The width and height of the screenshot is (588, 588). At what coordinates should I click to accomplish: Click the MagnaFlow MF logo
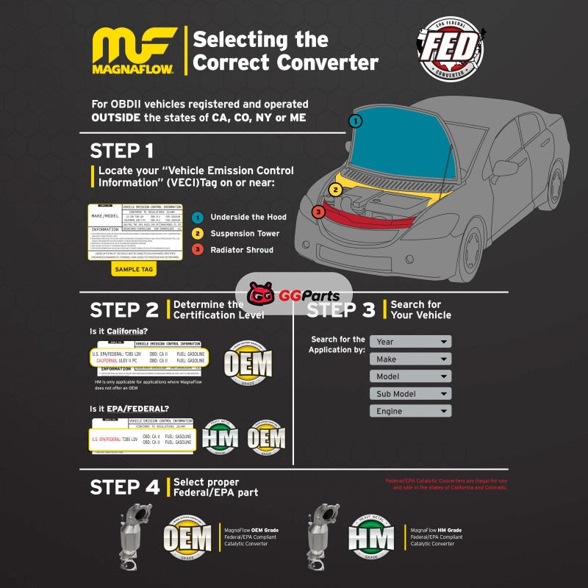[x=133, y=51]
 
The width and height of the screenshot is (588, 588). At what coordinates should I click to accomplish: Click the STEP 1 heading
[x=122, y=151]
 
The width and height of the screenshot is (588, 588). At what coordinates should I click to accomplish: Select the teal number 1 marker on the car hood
[x=356, y=121]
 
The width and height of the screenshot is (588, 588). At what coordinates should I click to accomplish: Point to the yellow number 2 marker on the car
[x=335, y=190]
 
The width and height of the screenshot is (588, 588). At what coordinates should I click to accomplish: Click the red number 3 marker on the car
[x=318, y=212]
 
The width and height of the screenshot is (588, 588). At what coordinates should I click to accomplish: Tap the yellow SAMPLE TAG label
[x=133, y=269]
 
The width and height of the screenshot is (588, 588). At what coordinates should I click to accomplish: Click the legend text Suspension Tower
[x=245, y=233]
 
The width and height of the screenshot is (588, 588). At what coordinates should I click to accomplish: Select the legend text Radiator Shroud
[x=241, y=249]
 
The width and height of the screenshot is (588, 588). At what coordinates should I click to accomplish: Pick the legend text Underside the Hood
[x=248, y=217]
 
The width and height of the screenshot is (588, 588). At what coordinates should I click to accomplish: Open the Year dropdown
[x=410, y=342]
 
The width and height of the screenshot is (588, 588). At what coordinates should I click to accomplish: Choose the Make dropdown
[x=410, y=359]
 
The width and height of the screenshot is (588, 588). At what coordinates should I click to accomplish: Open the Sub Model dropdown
[x=410, y=394]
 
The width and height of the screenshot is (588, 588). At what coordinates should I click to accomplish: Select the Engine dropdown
[x=410, y=412]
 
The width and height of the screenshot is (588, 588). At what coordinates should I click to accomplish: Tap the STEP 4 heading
[x=125, y=487]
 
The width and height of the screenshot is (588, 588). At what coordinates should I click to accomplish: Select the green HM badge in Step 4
[x=370, y=537]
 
